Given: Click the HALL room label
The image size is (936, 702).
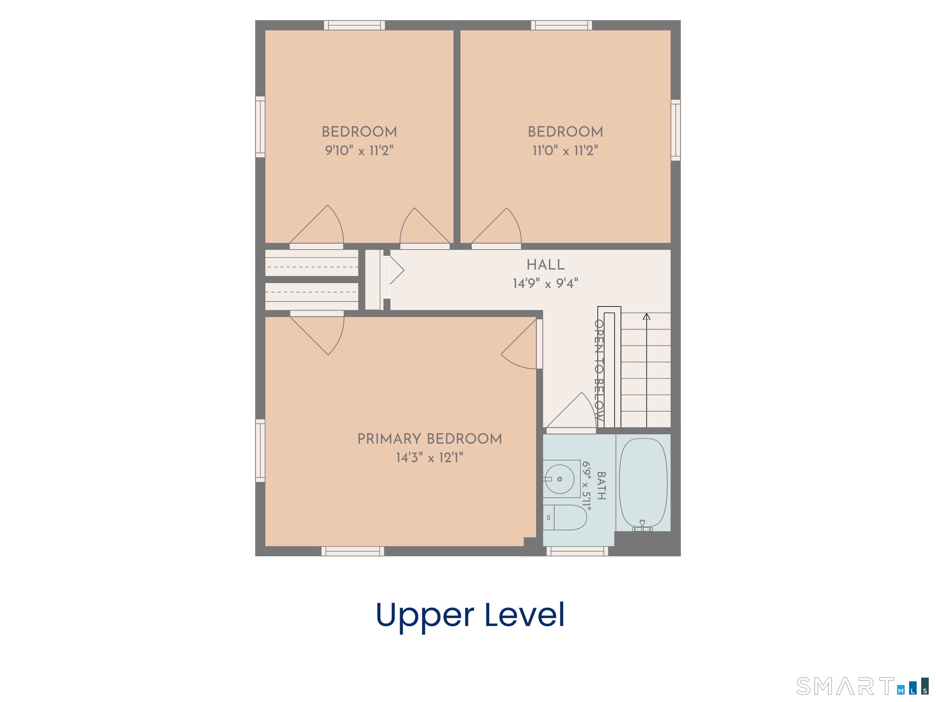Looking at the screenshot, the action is tap(545, 265).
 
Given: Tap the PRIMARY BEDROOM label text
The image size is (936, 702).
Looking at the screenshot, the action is tap(430, 439).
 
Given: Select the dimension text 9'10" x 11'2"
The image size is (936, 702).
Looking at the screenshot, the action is tap(359, 150).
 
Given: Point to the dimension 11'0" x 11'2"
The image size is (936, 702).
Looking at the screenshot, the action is tap(565, 150).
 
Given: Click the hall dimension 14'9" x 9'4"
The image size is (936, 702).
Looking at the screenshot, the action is tap(545, 283).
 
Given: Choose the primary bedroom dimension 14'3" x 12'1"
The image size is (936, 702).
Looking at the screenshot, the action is tap(430, 457).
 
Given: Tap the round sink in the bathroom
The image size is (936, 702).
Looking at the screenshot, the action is tap(559, 479).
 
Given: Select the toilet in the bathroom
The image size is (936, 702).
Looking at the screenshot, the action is tap(565, 517).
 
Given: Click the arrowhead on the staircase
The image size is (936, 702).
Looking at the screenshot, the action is tap(647, 316).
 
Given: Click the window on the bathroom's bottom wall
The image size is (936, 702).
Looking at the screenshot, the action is tap(577, 551).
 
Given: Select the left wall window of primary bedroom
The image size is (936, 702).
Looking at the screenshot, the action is tap(260, 451).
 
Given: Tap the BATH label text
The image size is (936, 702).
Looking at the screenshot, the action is tap(601, 485).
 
